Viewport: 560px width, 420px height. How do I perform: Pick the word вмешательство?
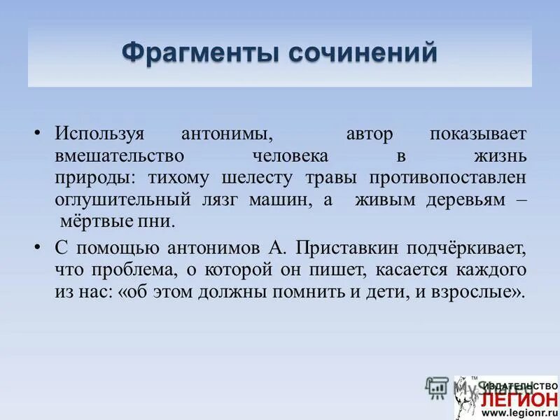tap(120, 155)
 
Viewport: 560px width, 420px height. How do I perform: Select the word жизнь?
tap(501, 155)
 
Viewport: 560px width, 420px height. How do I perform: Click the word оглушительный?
tap(122, 199)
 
